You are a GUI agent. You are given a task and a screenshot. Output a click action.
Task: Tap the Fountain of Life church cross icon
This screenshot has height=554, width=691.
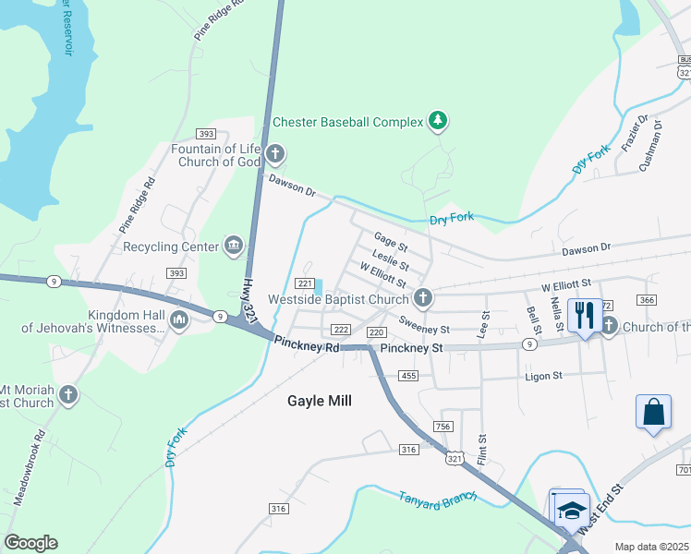tap(274, 153)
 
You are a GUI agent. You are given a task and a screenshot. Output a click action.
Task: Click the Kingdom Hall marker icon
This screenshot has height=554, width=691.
tap(179, 319)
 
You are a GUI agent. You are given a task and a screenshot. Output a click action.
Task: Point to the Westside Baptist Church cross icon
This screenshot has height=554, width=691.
tap(423, 297)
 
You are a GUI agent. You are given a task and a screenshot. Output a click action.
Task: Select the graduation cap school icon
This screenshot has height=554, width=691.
tap(572, 511)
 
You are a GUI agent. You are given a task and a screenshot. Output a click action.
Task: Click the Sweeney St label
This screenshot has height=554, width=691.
tap(424, 328)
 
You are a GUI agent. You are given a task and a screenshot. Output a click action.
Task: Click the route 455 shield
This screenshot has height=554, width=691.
tap(409, 375)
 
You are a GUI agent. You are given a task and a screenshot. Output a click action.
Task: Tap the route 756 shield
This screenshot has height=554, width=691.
tap(442, 426)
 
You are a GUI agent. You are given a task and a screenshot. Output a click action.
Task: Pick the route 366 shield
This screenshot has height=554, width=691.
tap(647, 300)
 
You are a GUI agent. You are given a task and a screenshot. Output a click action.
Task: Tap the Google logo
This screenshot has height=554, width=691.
tap(30, 543)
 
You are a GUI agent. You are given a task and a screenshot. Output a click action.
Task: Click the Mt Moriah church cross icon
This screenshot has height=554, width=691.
tap(67, 395)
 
